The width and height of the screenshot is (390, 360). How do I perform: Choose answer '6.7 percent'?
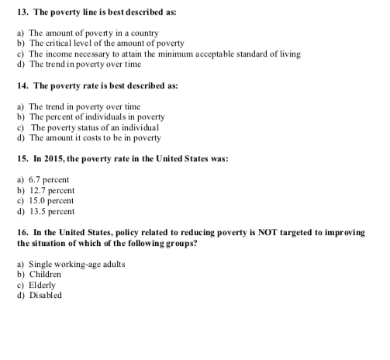[x=49, y=178]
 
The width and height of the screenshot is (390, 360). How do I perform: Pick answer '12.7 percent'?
[x=51, y=189]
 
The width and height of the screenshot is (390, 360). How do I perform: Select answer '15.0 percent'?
[x=51, y=199]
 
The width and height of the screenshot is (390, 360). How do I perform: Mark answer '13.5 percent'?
[x=51, y=210]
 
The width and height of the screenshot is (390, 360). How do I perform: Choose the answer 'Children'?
[x=46, y=274]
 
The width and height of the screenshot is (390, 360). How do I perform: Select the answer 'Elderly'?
[x=43, y=285]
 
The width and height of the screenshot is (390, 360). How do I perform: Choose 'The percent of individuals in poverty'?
[x=96, y=116]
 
